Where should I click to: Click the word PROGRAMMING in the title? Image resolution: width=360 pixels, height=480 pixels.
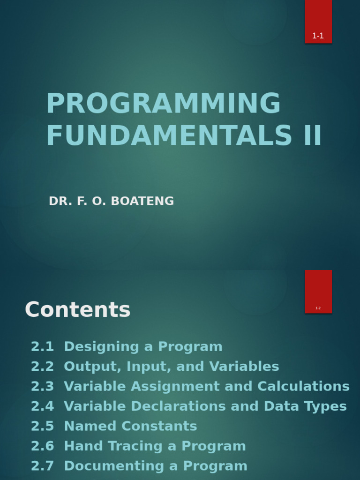click(164, 103)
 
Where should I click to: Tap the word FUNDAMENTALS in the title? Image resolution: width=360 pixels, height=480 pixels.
click(169, 135)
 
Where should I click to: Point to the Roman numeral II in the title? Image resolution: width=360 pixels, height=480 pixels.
click(312, 135)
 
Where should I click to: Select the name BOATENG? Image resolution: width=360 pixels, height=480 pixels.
click(142, 201)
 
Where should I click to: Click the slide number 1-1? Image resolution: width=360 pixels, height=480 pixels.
click(318, 36)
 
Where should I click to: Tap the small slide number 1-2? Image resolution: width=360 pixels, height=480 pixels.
click(318, 308)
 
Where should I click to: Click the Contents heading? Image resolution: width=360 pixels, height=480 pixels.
click(78, 309)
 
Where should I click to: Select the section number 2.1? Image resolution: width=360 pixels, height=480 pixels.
click(43, 347)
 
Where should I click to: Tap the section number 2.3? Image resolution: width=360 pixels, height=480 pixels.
click(43, 387)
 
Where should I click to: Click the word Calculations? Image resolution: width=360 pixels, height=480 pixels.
click(303, 386)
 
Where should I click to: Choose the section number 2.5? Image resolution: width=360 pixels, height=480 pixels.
click(43, 427)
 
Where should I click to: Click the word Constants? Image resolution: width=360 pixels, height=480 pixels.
click(159, 427)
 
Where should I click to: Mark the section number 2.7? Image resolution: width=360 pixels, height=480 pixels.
click(43, 466)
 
